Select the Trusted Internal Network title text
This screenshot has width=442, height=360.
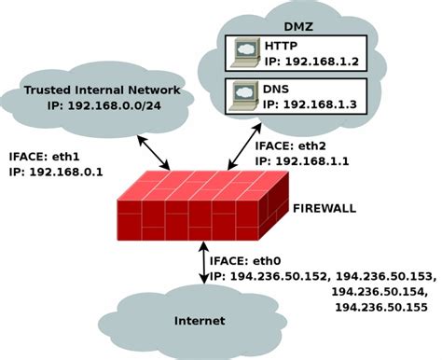tap(102, 90)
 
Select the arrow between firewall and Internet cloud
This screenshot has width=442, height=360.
tap(203, 262)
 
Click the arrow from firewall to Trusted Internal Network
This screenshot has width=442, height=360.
tap(153, 152)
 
